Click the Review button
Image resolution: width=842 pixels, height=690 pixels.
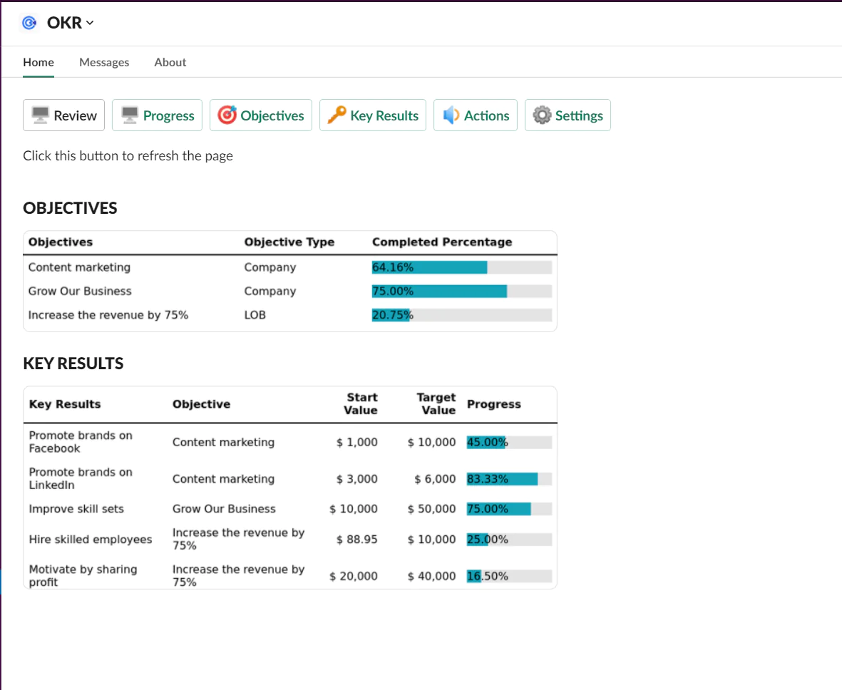tap(64, 115)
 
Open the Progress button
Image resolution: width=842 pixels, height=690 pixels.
tap(158, 115)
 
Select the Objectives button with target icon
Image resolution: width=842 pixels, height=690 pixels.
tap(261, 115)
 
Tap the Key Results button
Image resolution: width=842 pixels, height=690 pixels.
tap(373, 115)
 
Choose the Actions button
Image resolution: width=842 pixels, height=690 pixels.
tap(476, 115)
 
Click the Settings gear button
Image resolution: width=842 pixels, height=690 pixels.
tap(568, 115)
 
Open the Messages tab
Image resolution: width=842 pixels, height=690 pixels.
tap(104, 62)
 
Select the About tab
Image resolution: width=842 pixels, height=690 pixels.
tap(170, 62)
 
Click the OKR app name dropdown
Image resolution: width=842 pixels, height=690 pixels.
tap(70, 23)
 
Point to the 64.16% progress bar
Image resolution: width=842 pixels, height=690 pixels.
tap(461, 267)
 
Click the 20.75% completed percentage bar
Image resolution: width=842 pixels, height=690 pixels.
tap(461, 315)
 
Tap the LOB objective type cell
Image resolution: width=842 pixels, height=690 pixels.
tap(255, 315)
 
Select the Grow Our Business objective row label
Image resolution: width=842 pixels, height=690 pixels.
tap(80, 291)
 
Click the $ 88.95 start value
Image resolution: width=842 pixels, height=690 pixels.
tap(356, 540)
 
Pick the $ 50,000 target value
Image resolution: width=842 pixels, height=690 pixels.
tap(431, 509)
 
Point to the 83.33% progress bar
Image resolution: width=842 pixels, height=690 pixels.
tap(509, 479)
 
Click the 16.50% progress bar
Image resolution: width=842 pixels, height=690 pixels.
tap(509, 576)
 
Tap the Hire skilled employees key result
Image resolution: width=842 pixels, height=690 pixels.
tap(91, 540)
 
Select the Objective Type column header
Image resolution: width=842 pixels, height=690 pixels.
tap(289, 242)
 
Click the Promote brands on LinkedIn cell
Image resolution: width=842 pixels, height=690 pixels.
tap(81, 478)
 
